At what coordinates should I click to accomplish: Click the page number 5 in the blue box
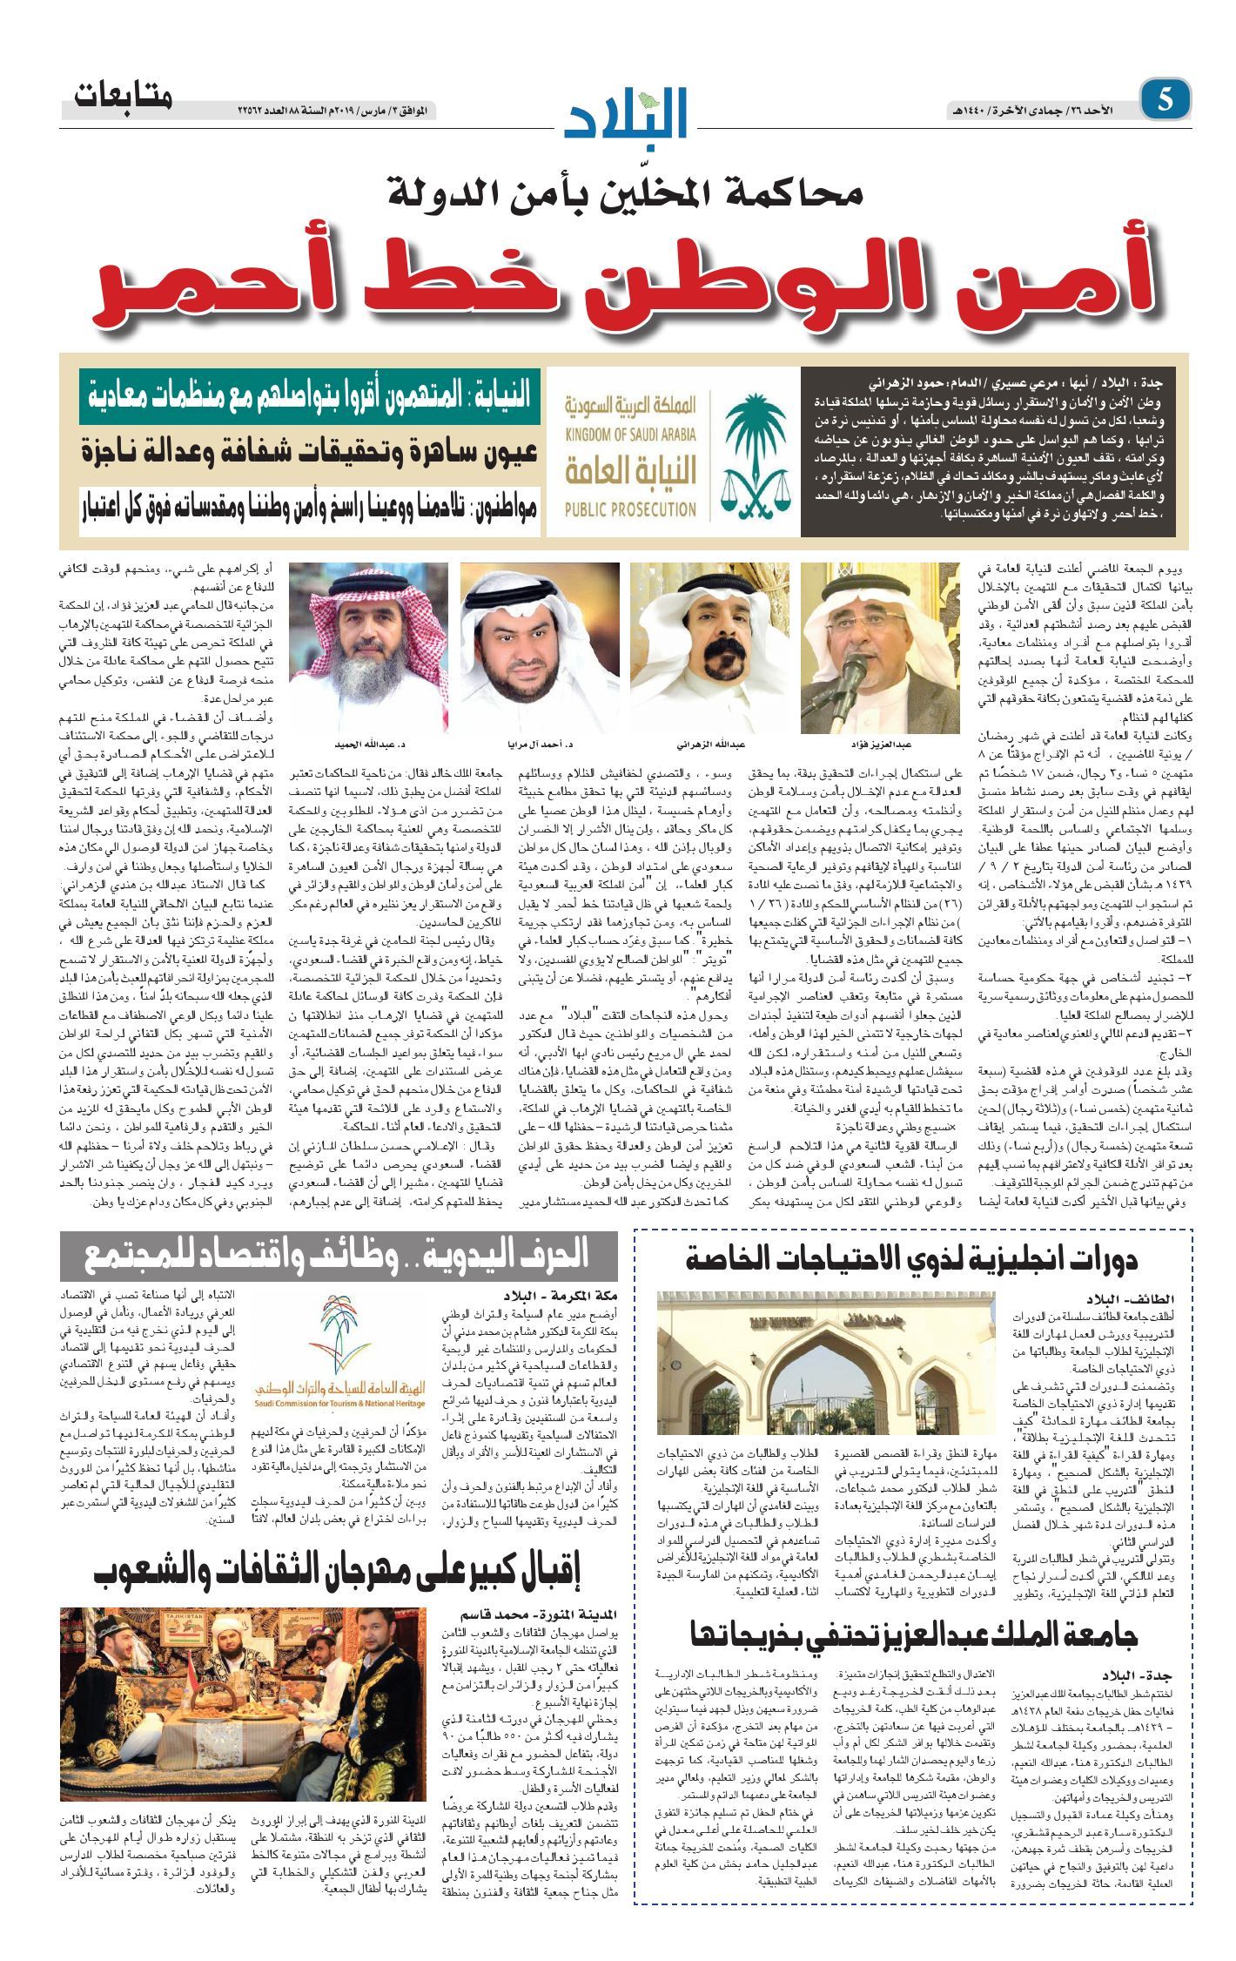point(1164,100)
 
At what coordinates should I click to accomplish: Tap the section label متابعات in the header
point(123,96)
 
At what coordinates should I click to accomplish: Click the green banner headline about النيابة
point(310,396)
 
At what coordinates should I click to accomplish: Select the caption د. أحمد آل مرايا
point(541,745)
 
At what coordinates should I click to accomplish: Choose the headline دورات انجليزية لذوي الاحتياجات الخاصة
point(911,1257)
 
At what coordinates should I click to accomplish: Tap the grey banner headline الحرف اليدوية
point(338,1255)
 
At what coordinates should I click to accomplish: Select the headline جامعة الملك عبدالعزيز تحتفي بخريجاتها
point(914,1634)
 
